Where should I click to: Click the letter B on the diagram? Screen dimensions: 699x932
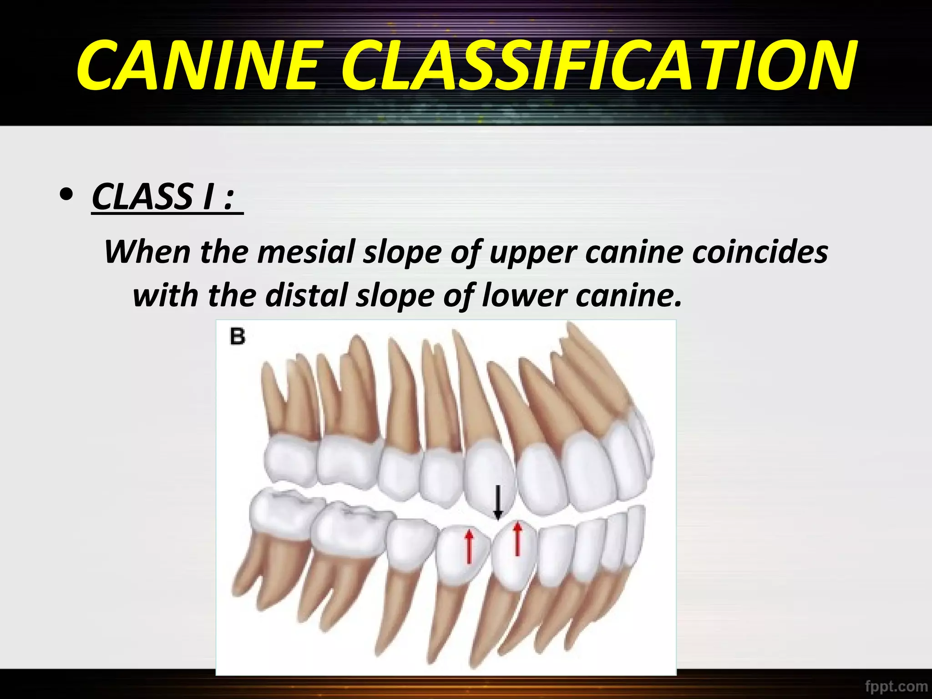238,337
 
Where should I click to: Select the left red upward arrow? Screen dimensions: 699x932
469,546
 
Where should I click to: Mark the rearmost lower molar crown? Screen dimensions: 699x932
282,514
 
